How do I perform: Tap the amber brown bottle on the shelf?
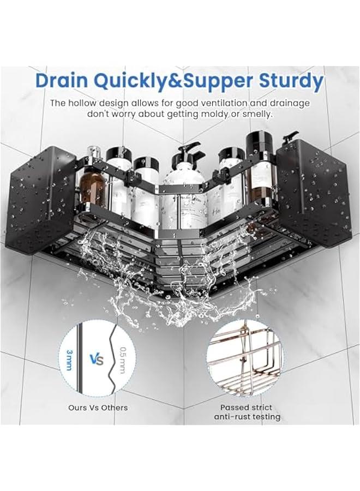[93, 186]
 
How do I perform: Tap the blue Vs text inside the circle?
[97, 360]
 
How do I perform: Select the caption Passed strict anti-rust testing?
[250, 412]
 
